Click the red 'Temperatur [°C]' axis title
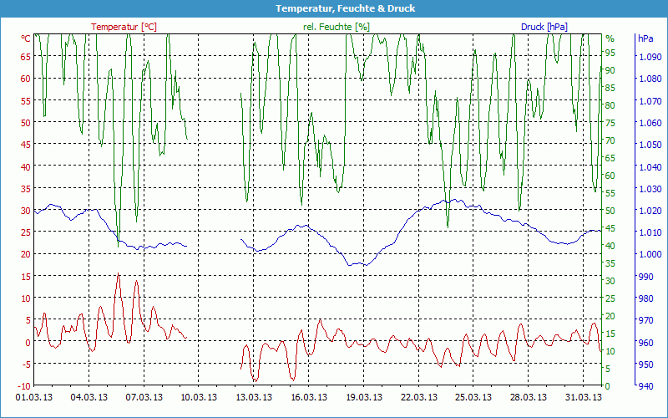124,27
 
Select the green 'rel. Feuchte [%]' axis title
337,27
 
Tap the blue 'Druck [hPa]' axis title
544,27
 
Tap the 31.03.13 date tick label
583,397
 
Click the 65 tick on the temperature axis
25,57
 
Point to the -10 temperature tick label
23,385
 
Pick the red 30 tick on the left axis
25,210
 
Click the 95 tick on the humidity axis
610,52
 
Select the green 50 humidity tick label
610,210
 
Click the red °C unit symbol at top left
26,38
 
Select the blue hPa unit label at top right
645,38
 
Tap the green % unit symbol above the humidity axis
610,38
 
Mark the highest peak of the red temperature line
119,273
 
